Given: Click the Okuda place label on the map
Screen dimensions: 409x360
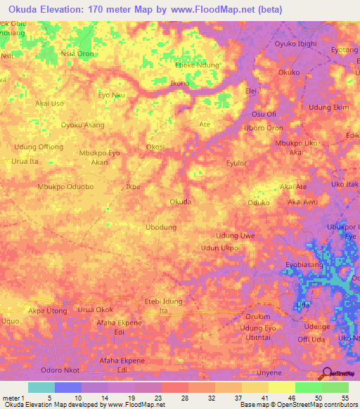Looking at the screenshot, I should point(181,202).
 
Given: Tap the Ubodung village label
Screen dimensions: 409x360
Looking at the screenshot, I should point(160,228).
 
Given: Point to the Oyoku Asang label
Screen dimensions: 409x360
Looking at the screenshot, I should point(82,125).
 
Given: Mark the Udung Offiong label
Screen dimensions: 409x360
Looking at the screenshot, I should point(39,147).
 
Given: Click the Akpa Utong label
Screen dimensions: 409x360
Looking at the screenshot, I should point(47,310).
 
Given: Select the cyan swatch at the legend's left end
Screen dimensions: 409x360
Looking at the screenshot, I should point(41,388).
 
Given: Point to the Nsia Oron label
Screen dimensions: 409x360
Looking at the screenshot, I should point(77,53).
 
